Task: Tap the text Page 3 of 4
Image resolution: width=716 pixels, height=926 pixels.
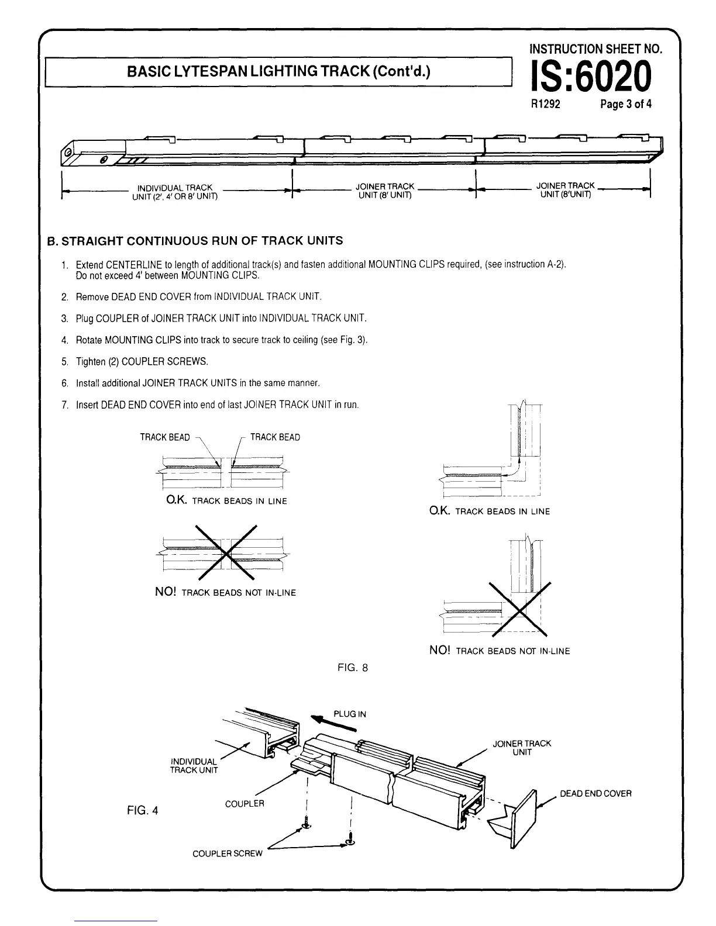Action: point(625,105)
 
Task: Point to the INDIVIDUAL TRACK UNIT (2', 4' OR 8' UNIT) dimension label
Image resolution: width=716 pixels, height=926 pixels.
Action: point(174,191)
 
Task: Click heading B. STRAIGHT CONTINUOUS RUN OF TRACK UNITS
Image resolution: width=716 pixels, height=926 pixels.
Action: point(195,241)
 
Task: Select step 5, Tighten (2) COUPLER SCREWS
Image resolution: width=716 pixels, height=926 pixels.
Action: point(142,361)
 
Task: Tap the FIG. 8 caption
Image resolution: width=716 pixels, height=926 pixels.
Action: point(353,667)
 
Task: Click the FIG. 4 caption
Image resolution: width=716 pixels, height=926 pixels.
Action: point(143,810)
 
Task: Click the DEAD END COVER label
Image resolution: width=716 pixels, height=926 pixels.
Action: point(595,793)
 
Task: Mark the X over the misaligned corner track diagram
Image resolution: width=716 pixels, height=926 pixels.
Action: point(521,609)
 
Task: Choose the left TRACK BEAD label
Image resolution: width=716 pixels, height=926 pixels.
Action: point(165,437)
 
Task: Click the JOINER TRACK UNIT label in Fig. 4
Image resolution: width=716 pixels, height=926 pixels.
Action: point(522,748)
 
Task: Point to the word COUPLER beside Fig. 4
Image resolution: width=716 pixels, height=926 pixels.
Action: point(245,803)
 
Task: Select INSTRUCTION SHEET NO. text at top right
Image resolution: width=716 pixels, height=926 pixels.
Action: point(595,49)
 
